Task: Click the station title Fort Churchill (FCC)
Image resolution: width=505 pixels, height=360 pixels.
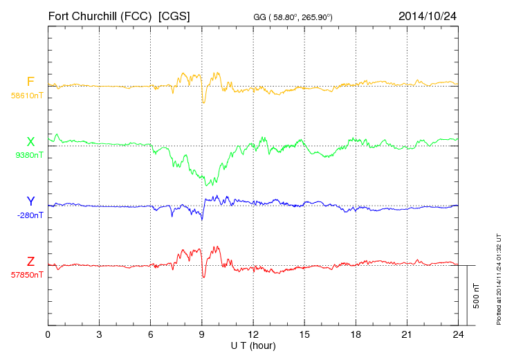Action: point(100,15)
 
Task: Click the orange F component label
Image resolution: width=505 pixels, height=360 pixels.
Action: point(30,82)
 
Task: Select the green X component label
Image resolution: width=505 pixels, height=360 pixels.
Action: point(30,142)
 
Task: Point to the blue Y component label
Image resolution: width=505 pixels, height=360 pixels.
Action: point(30,201)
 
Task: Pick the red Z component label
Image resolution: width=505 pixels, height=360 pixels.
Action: point(30,262)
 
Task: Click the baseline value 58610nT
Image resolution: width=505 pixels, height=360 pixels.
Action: point(27,96)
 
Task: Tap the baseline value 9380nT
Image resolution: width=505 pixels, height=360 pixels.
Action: point(28,155)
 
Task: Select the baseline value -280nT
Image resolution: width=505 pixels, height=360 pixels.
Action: point(30,215)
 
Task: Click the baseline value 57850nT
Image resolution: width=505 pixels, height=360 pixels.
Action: point(27,275)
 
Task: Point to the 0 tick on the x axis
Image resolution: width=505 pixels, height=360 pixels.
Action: point(48,334)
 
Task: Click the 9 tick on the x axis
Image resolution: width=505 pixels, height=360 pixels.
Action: point(202,334)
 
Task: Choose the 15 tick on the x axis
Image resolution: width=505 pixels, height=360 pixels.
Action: point(304,334)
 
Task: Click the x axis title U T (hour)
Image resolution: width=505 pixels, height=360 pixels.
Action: point(253,345)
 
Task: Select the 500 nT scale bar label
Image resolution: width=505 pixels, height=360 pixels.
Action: point(477,296)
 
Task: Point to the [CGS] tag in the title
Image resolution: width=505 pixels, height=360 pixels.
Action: point(174,15)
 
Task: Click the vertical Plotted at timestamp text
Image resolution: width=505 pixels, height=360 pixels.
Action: point(499,277)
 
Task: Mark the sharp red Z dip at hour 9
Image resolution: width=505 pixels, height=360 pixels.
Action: point(203,276)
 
